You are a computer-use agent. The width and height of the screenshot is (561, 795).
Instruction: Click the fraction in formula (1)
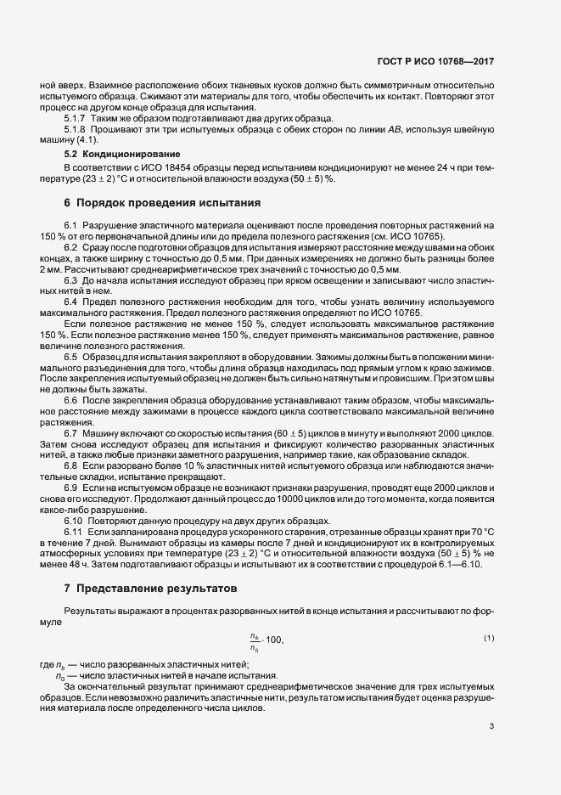click(255, 641)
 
